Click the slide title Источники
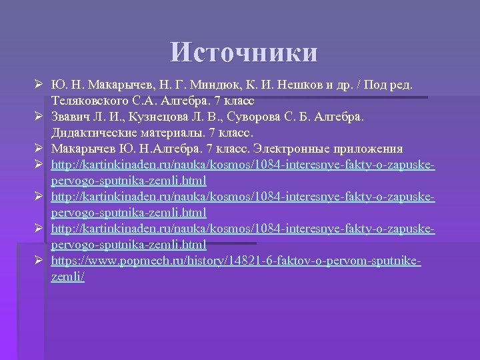click(x=244, y=53)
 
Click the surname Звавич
click(x=71, y=117)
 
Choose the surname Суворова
click(x=262, y=117)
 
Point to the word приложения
click(x=365, y=148)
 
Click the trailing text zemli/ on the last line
click(x=67, y=275)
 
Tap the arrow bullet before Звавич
click(x=39, y=117)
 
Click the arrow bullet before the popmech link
click(x=39, y=261)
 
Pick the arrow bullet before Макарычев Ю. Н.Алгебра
click(x=39, y=148)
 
